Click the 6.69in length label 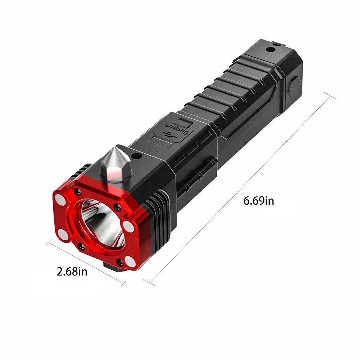(259, 200)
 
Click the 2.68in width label (72, 271)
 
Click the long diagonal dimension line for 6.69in (241, 187)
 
